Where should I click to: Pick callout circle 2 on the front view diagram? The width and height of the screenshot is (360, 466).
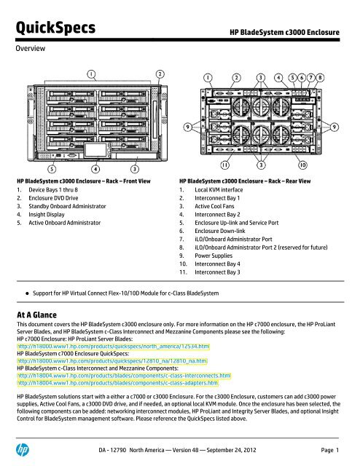tap(160, 74)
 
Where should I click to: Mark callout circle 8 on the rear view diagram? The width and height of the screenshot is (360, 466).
tap(342, 76)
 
